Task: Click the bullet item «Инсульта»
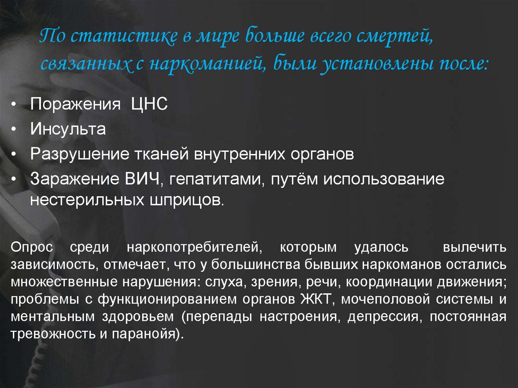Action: tap(68, 129)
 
